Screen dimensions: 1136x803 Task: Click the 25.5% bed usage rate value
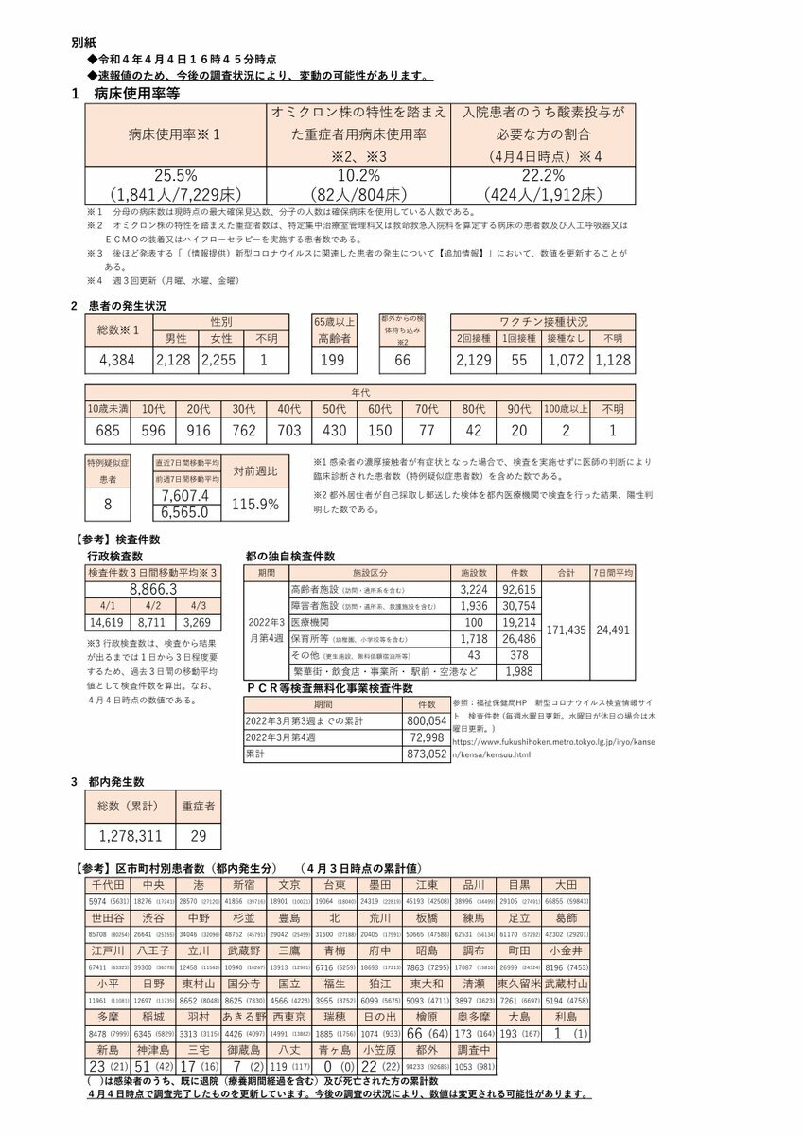(175, 175)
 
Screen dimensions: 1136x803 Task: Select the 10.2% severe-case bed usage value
(358, 175)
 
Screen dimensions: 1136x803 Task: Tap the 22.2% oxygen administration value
(541, 175)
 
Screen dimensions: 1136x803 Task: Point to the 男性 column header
(176, 338)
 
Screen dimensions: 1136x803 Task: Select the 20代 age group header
(199, 408)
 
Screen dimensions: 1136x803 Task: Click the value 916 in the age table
(199, 431)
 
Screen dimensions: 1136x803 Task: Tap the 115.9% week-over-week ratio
(254, 504)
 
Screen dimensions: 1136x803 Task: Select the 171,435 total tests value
(567, 629)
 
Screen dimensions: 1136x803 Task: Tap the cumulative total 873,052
(425, 754)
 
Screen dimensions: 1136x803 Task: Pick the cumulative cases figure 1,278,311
(130, 836)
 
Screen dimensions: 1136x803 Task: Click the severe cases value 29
(198, 836)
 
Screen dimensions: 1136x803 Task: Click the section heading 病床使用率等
(137, 94)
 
